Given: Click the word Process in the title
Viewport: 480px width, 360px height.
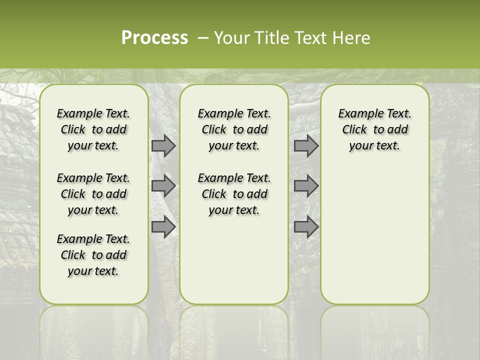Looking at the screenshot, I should pos(154,38).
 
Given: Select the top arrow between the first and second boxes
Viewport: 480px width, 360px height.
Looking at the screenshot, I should pos(163,146).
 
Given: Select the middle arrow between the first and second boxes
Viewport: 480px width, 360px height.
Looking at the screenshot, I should pos(163,186).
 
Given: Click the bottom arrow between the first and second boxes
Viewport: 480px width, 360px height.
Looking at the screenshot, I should pos(163,227).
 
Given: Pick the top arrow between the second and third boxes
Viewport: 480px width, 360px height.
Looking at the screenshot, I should pos(306,146).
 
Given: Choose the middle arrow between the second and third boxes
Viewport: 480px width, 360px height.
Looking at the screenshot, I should pos(306,186).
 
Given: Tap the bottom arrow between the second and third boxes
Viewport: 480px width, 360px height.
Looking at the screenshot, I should pos(306,227).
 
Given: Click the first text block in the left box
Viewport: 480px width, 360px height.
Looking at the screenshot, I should pos(93,130).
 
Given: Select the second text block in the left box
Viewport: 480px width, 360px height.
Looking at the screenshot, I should pos(93,194).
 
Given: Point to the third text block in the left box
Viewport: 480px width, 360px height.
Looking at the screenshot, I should pos(93,255).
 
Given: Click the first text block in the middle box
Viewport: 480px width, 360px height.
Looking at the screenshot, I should pos(234,130).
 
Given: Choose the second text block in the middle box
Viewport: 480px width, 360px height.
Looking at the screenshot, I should pos(234,194).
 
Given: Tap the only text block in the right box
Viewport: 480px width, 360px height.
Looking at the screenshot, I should pos(374,130).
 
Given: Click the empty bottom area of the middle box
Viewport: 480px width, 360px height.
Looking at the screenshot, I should pos(234,265).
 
